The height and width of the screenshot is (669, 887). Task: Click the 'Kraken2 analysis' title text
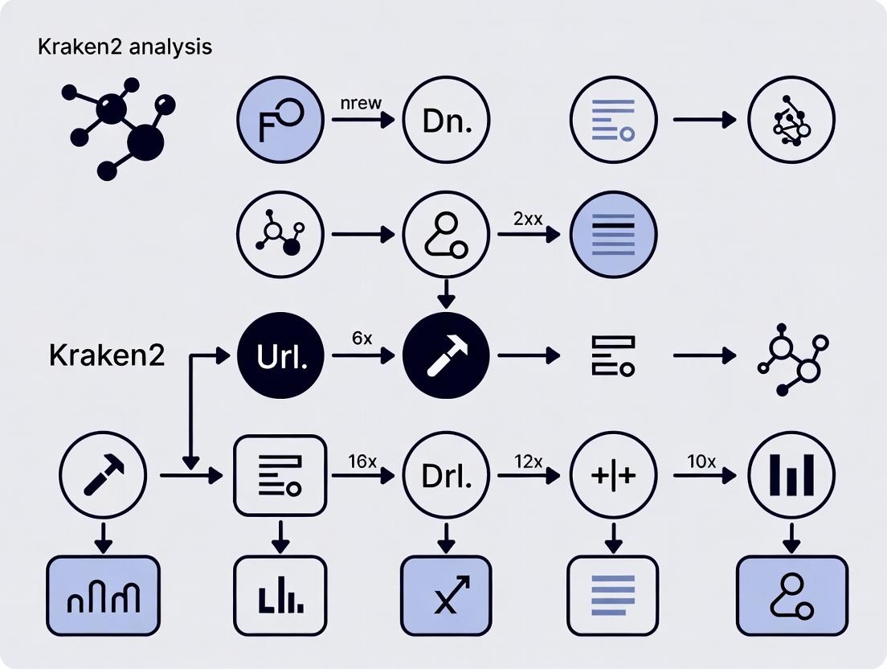click(x=125, y=47)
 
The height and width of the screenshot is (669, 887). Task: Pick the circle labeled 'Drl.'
click(x=446, y=476)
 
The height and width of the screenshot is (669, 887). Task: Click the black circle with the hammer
click(x=446, y=355)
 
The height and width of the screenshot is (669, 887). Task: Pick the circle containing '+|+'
click(x=613, y=476)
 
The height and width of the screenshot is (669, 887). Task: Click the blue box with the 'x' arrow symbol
click(x=446, y=595)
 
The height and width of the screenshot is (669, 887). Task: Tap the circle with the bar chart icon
click(x=791, y=476)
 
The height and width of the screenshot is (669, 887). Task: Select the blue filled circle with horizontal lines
click(x=613, y=236)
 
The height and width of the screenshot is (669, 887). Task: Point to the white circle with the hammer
click(x=104, y=476)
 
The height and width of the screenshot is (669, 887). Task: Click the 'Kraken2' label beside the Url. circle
click(x=106, y=355)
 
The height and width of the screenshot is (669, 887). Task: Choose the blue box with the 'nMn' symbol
click(x=104, y=595)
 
